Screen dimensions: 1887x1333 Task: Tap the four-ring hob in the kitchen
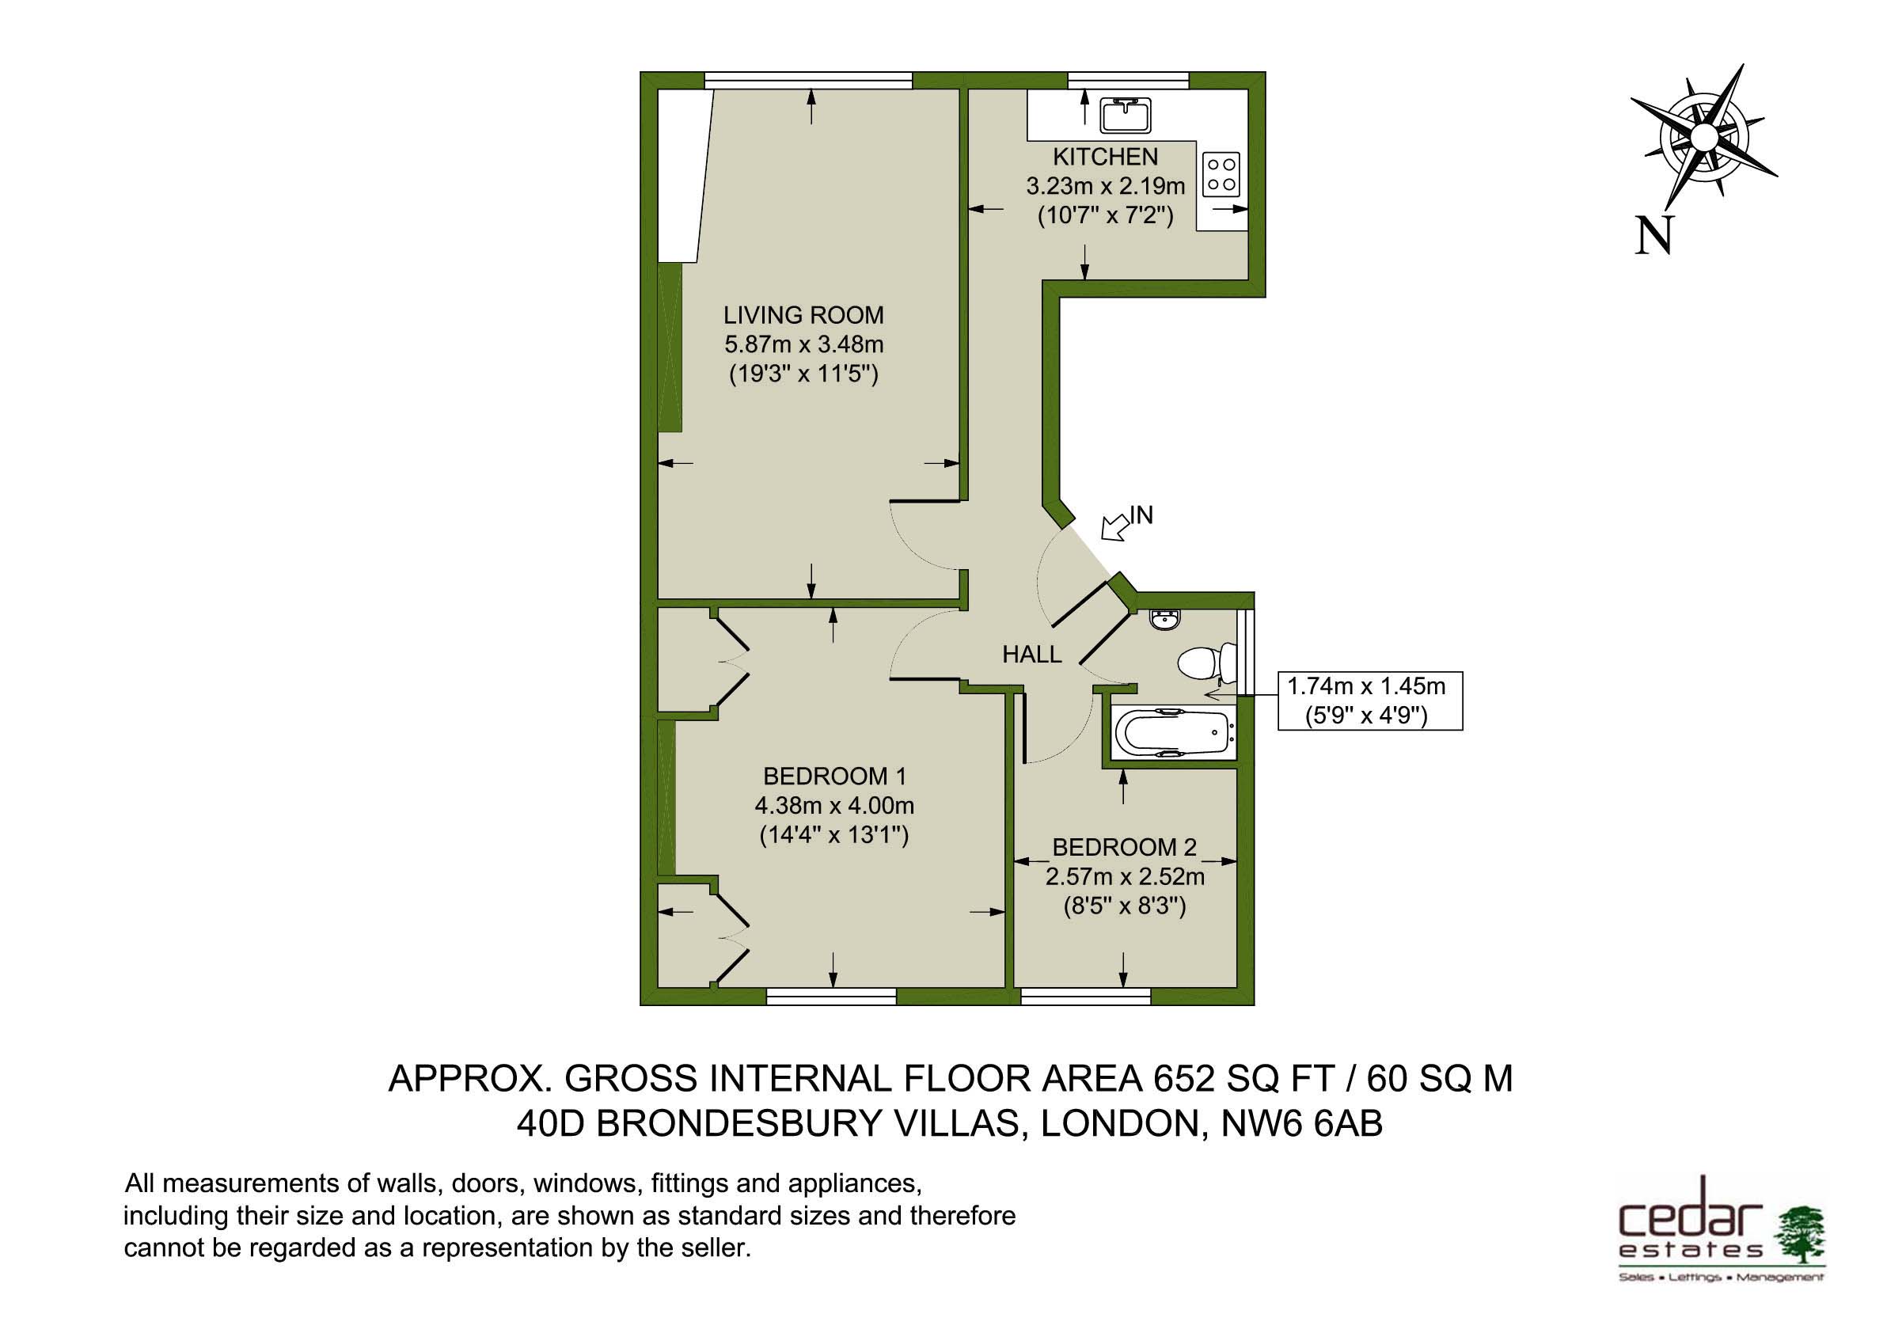tap(1221, 175)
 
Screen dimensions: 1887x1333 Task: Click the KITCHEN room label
tap(1106, 156)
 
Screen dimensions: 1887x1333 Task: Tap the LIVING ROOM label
tap(803, 315)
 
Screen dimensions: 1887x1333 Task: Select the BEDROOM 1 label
tap(834, 776)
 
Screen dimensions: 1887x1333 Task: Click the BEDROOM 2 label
tap(1124, 846)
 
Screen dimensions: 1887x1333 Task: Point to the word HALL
tap(1031, 654)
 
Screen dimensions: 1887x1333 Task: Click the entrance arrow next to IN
tap(1115, 528)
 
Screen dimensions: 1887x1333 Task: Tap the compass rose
tap(1703, 136)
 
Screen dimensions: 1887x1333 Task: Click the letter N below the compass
tap(1653, 236)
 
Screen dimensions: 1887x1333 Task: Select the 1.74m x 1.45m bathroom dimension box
tap(1370, 701)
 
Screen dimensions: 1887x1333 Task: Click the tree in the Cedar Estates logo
tap(1801, 1233)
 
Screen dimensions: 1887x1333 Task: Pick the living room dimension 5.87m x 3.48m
tap(803, 344)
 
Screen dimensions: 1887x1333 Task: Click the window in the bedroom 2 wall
tap(1086, 997)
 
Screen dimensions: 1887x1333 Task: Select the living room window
tap(809, 80)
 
